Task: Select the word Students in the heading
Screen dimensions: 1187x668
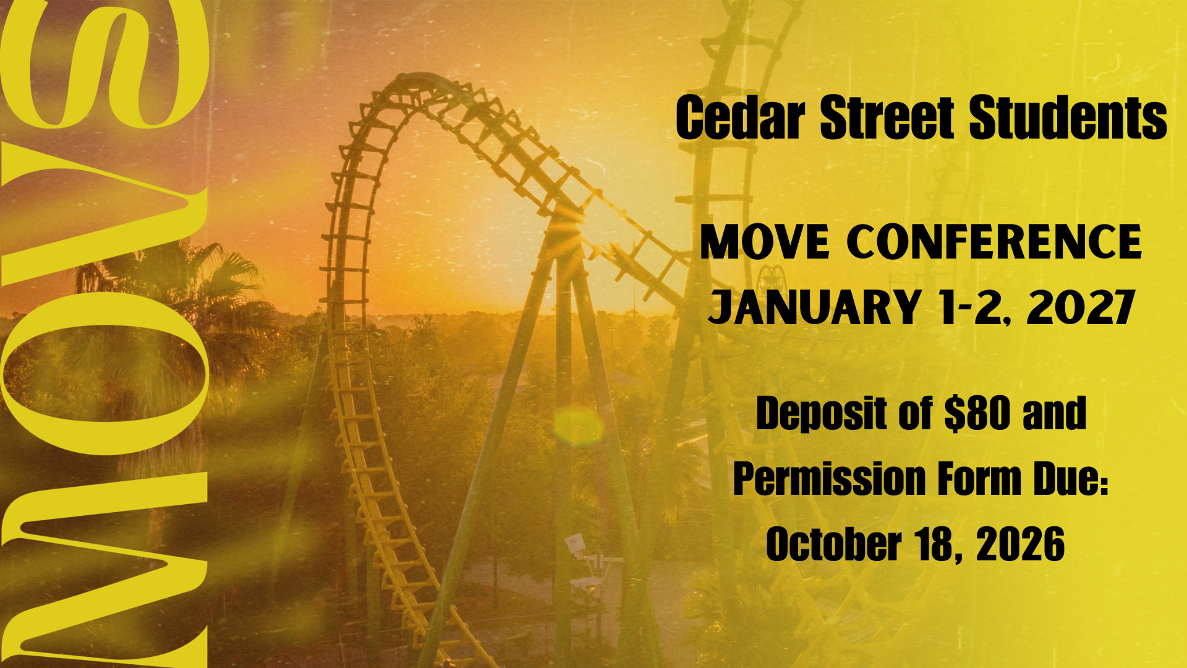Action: click(1068, 118)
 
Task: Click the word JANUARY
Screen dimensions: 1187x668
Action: click(814, 307)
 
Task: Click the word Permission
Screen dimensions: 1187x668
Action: click(828, 479)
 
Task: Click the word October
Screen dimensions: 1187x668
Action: click(833, 544)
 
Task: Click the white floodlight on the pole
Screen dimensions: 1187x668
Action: click(574, 542)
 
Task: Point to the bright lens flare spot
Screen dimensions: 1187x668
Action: click(579, 426)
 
